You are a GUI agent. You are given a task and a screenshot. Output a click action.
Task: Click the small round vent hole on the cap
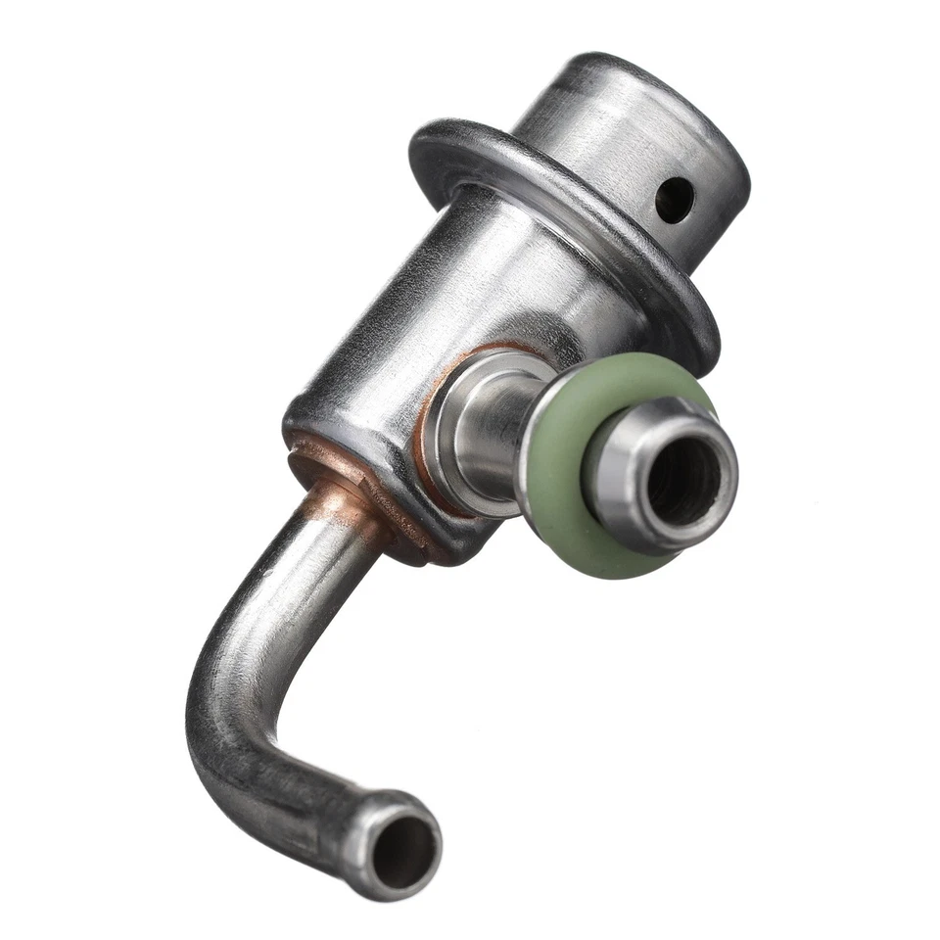675,200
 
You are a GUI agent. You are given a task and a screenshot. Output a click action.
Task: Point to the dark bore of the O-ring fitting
683,477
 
